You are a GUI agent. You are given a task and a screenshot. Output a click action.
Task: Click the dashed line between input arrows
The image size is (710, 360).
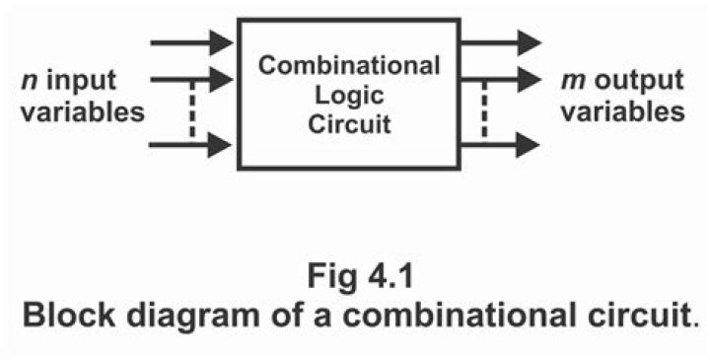pyautogui.click(x=193, y=111)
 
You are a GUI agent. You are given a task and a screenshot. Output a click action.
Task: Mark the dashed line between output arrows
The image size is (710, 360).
pyautogui.click(x=485, y=111)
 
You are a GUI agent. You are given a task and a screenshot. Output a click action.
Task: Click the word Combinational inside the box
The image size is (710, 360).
pyautogui.click(x=349, y=67)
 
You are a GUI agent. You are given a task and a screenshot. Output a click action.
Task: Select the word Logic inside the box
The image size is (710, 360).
pyautogui.click(x=349, y=97)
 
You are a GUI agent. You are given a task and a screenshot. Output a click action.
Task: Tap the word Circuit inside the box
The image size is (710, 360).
pyautogui.click(x=349, y=126)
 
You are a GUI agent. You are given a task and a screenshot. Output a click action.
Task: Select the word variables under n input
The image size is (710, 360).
pyautogui.click(x=74, y=110)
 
